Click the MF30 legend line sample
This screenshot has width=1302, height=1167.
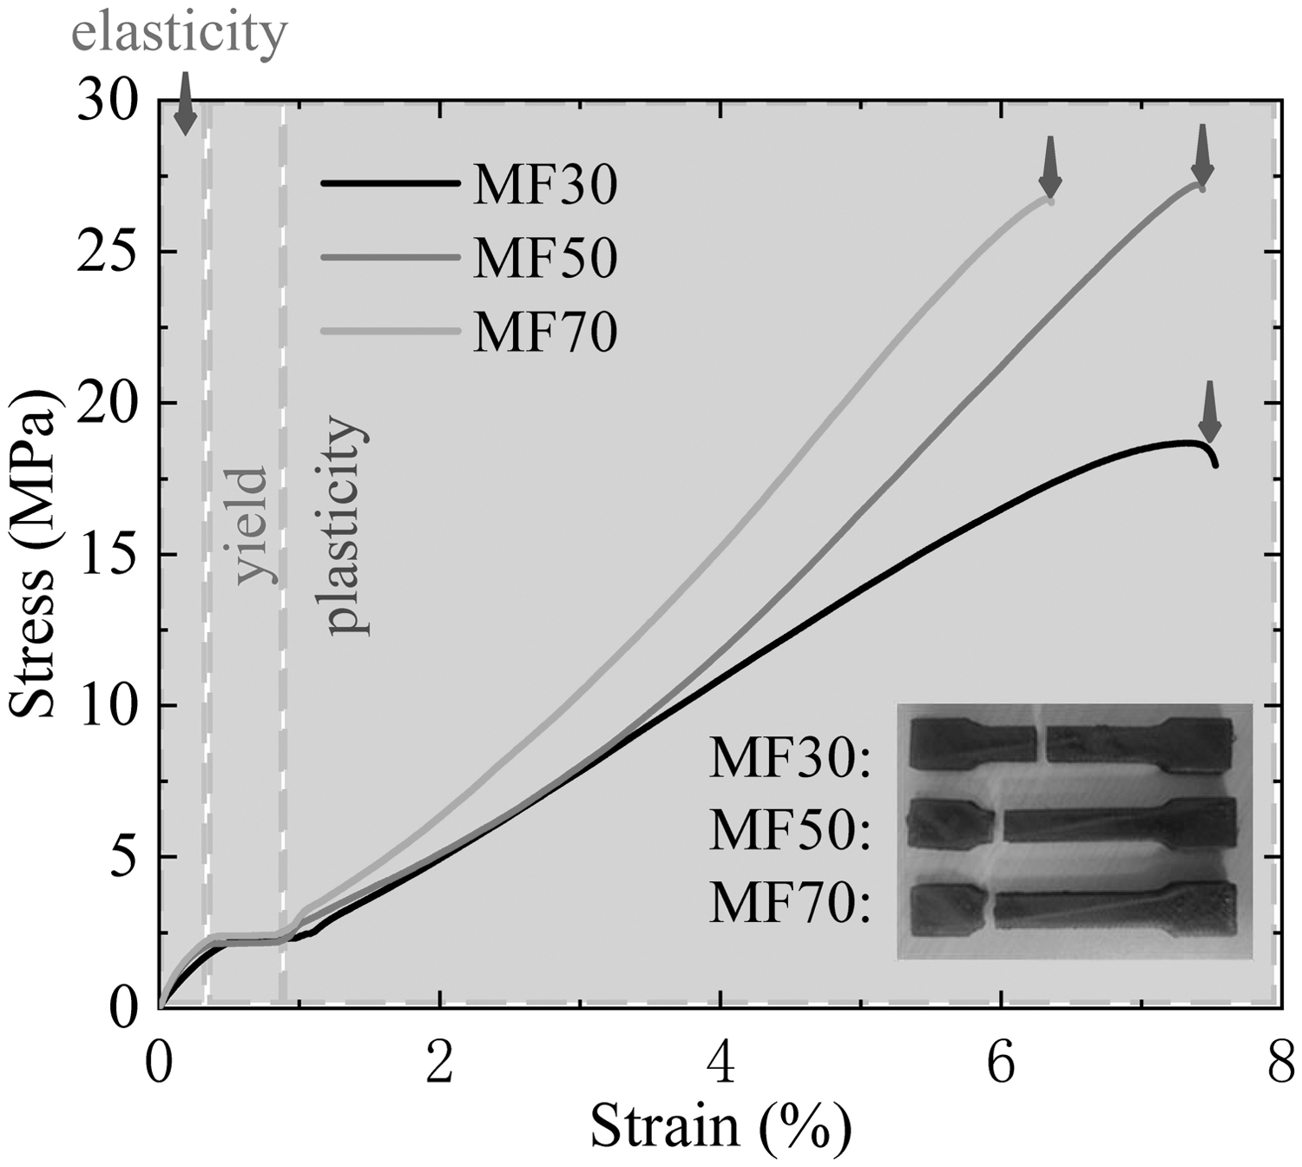pos(390,184)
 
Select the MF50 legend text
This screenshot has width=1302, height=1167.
pos(545,257)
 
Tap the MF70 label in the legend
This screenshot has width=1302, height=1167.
pos(545,332)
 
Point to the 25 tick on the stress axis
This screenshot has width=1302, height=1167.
pos(108,251)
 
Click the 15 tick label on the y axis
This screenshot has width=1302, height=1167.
pos(108,554)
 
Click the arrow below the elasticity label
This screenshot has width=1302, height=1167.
pos(185,103)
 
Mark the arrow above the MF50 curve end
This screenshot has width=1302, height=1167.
pos(1202,155)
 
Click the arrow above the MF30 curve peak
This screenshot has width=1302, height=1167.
pos(1209,412)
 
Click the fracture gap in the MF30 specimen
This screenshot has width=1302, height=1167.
pos(1042,743)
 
